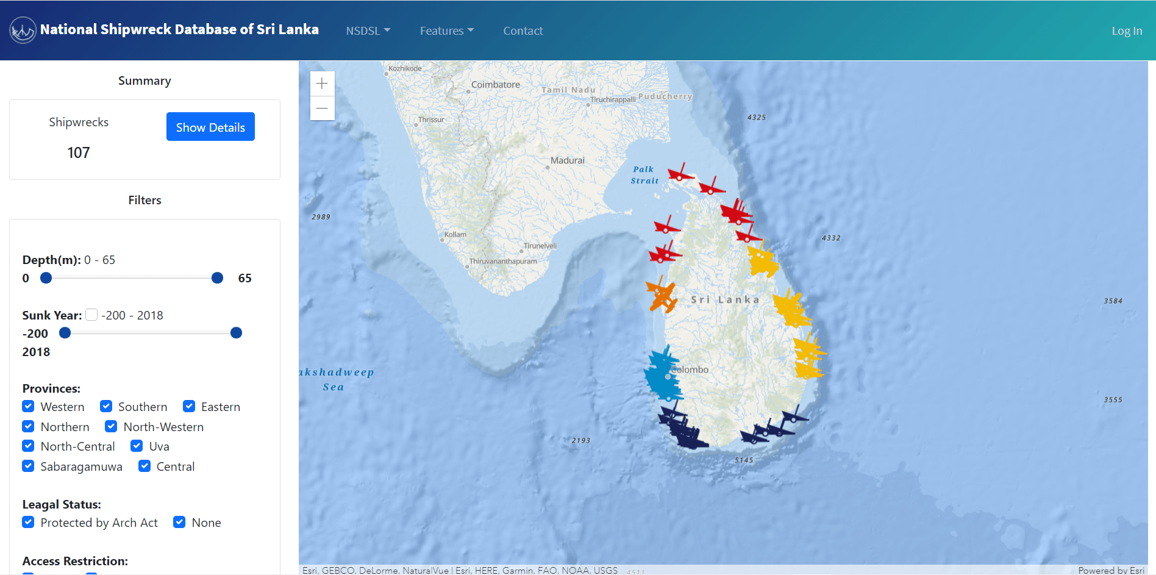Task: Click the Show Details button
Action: coord(210,127)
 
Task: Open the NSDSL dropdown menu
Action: coord(368,30)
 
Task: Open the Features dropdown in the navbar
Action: coord(446,30)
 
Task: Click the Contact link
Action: coord(523,30)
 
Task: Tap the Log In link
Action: coord(1126,30)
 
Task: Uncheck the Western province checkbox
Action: coord(28,406)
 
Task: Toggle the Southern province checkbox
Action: coord(106,406)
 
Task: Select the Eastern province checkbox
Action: coord(189,406)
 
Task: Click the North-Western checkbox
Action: coord(111,426)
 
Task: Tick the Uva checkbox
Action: coord(137,446)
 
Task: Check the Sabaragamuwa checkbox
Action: coord(28,466)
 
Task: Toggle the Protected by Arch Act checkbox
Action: coord(28,522)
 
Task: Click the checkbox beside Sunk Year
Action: coord(91,315)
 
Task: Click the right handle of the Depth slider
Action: coord(217,278)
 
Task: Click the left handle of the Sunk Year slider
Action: coord(65,333)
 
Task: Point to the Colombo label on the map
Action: coord(690,370)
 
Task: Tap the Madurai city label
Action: coord(567,160)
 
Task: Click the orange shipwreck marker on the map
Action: coord(662,296)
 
